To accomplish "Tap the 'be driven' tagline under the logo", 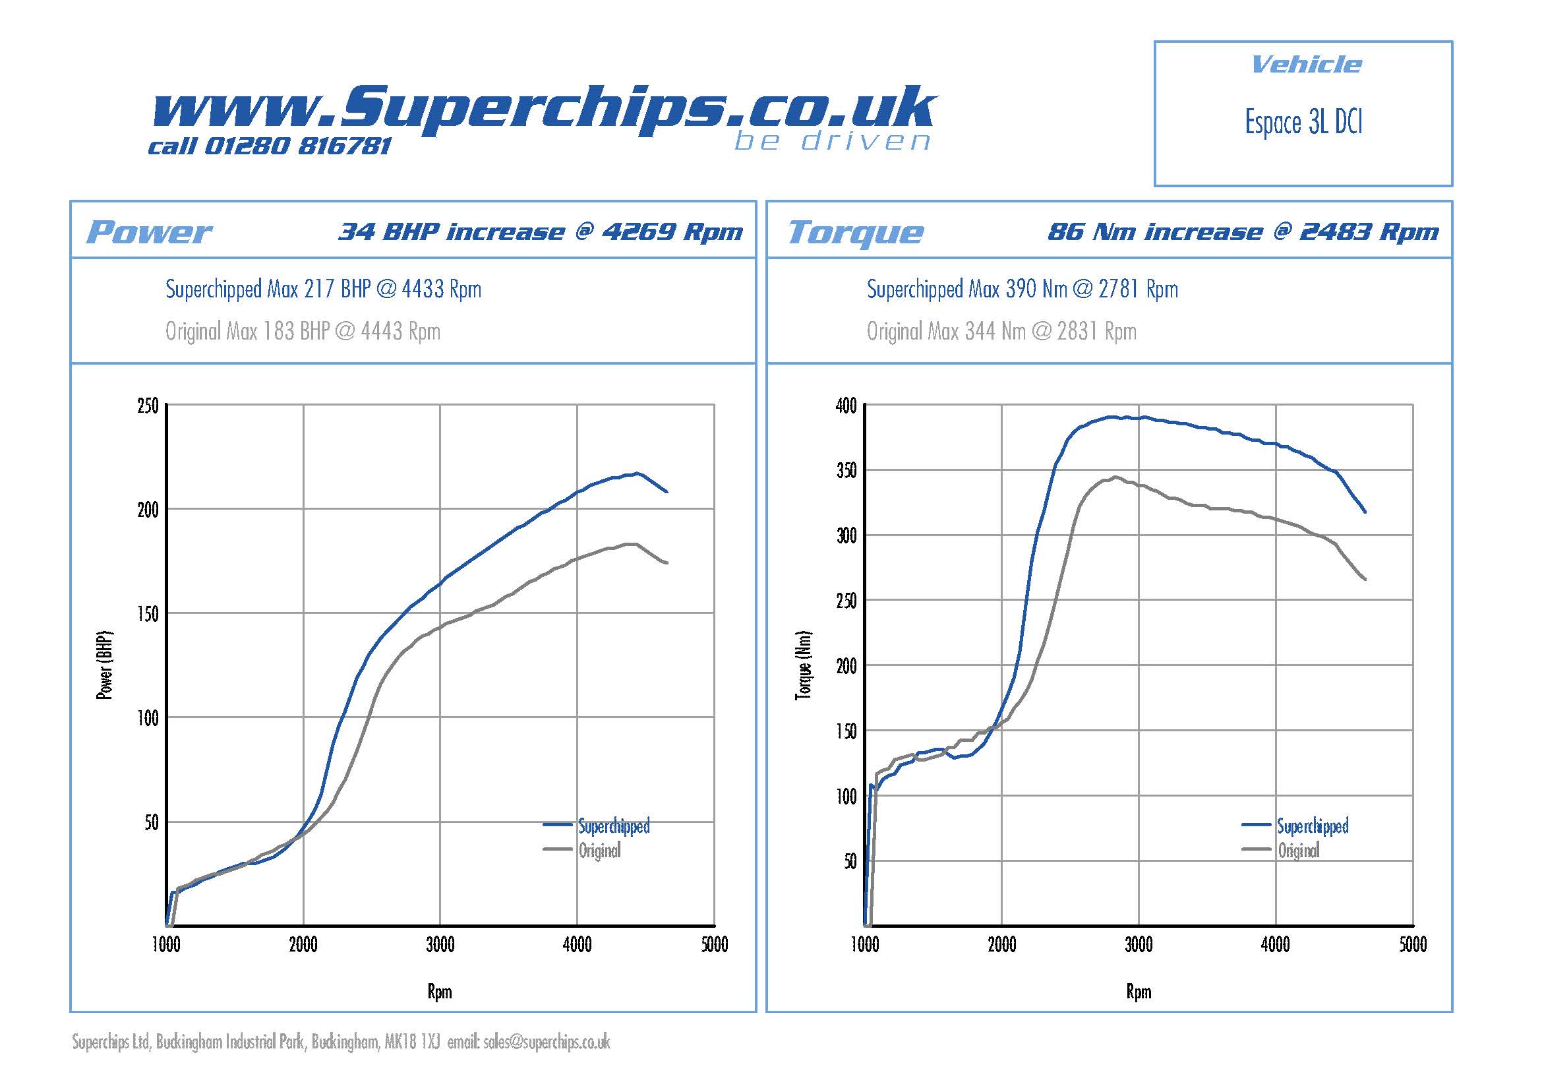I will pyautogui.click(x=833, y=141).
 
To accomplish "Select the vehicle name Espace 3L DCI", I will pyautogui.click(x=1303, y=123).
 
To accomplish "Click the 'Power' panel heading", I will pyautogui.click(x=149, y=232).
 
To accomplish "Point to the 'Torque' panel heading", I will pyautogui.click(x=856, y=232).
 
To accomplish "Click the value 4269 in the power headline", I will pyautogui.click(x=639, y=231).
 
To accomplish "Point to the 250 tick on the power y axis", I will pyautogui.click(x=148, y=406).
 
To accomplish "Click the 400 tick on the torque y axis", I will pyautogui.click(x=846, y=406).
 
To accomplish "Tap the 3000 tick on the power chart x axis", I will pyautogui.click(x=440, y=945).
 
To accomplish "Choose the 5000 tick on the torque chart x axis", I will pyautogui.click(x=1412, y=945).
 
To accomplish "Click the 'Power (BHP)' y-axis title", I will pyautogui.click(x=105, y=665).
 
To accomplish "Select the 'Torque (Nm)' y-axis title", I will pyautogui.click(x=804, y=665).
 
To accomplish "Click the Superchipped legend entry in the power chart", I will pyautogui.click(x=614, y=826).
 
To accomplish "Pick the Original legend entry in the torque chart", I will pyautogui.click(x=1298, y=851).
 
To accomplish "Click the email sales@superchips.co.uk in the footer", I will pyautogui.click(x=546, y=1042).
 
